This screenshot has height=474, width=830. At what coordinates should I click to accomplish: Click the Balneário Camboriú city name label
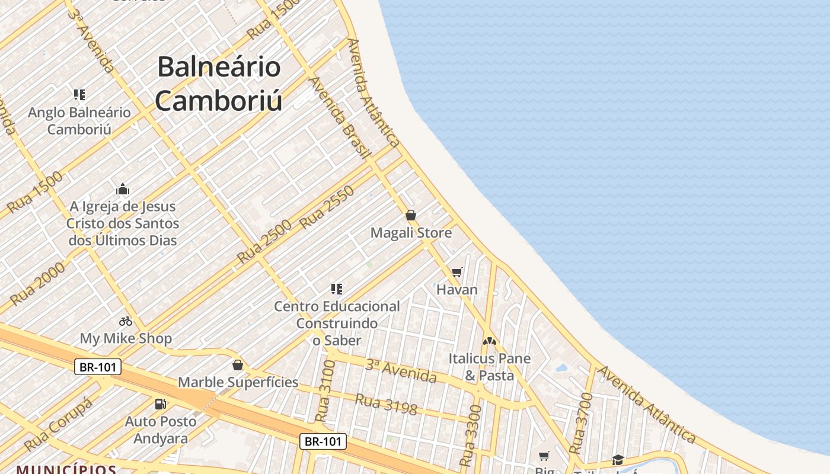pyautogui.click(x=219, y=84)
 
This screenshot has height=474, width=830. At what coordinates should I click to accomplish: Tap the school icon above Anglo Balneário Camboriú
pyautogui.click(x=79, y=94)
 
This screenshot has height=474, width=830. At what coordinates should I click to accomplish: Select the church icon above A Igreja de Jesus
pyautogui.click(x=123, y=189)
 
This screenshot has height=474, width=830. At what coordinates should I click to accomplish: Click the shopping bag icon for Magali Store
pyautogui.click(x=411, y=215)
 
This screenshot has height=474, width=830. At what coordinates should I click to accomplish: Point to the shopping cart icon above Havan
pyautogui.click(x=456, y=273)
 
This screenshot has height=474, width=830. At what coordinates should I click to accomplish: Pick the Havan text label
pyautogui.click(x=456, y=290)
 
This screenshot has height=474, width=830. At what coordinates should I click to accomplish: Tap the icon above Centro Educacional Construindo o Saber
pyautogui.click(x=337, y=289)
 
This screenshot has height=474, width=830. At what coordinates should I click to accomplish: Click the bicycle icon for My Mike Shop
pyautogui.click(x=126, y=321)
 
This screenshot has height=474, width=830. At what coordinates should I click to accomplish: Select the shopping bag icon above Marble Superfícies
pyautogui.click(x=238, y=364)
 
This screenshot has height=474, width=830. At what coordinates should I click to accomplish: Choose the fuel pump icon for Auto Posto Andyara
pyautogui.click(x=160, y=404)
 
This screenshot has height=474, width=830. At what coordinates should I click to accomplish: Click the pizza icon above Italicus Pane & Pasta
pyautogui.click(x=489, y=341)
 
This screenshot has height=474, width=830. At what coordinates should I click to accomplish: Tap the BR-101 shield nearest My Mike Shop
pyautogui.click(x=98, y=367)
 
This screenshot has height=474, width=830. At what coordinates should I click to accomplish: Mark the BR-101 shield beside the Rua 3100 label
pyautogui.click(x=323, y=441)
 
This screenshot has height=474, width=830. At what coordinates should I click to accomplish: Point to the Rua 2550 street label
pyautogui.click(x=327, y=207)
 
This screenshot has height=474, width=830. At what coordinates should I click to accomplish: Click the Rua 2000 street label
pyautogui.click(x=37, y=284)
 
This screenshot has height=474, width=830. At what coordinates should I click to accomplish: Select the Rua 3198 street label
pyautogui.click(x=386, y=403)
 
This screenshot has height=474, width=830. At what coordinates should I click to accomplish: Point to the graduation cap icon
pyautogui.click(x=618, y=460)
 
